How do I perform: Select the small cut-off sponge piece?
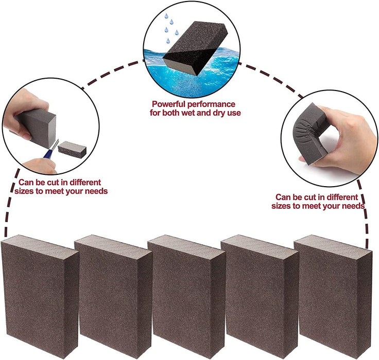pyautogui.click(x=72, y=149)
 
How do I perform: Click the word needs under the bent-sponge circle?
pyautogui.click(x=352, y=206)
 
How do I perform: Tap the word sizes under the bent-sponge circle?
pyautogui.click(x=282, y=206)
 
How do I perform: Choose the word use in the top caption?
pyautogui.click(x=234, y=113)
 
